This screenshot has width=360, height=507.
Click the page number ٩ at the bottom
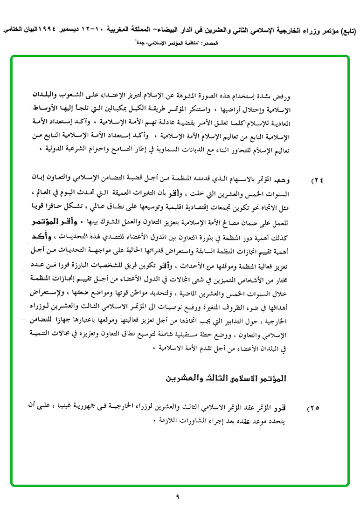178,497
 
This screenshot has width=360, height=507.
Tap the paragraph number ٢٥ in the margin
312,408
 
